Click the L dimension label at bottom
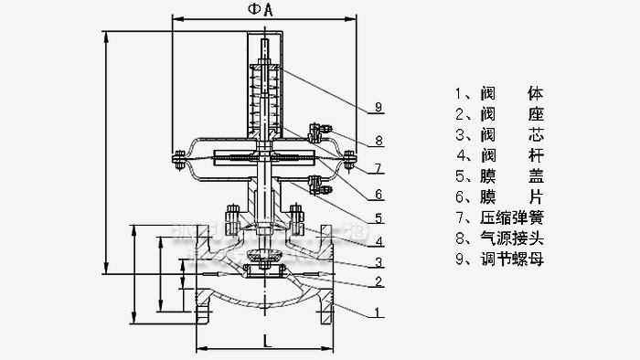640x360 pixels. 263,340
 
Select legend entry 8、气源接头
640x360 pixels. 498,240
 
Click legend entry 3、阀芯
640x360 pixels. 498,135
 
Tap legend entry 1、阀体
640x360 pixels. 498,93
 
